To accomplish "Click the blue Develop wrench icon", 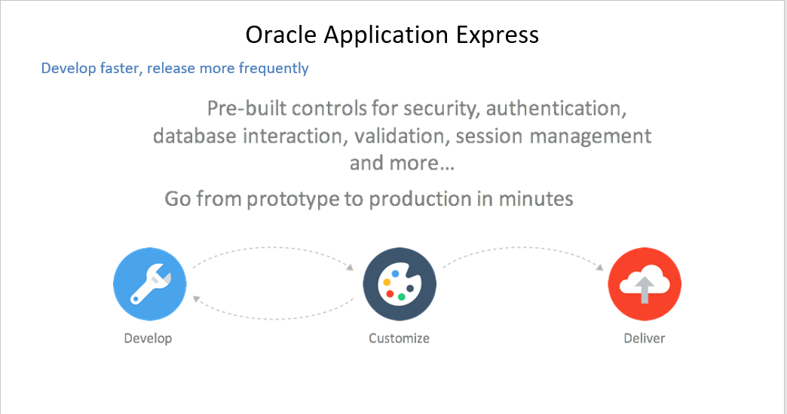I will point(149,285).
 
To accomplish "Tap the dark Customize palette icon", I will point(399,285).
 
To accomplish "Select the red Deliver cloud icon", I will point(645,285).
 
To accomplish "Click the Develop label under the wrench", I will point(148,338).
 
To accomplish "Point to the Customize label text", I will point(399,338).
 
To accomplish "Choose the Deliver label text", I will point(645,338).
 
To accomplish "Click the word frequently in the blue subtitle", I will point(273,69).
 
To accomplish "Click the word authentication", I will point(556,109).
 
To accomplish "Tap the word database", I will point(194,136).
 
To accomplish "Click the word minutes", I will point(532,199).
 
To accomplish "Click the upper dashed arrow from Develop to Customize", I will point(273,249).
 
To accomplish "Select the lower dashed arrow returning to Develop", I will point(273,313).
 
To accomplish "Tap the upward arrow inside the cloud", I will point(645,289).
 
